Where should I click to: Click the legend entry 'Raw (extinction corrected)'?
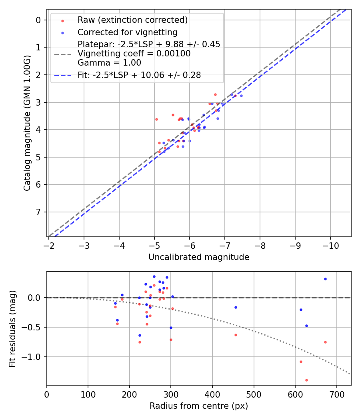tap(132, 20)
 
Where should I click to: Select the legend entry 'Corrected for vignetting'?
tap(127, 32)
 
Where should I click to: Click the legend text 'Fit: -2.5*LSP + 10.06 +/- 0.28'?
tap(139, 75)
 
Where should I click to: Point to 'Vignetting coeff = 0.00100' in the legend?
tap(134, 54)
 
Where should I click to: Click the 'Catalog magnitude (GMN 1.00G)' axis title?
tap(27, 123)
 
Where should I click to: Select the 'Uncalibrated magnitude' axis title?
tap(199, 257)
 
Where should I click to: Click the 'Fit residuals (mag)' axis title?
tap(12, 328)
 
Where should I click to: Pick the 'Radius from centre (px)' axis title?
tap(199, 406)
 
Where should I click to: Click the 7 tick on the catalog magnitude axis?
tap(39, 212)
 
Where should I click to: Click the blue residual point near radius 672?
tap(325, 279)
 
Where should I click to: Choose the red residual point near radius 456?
tap(236, 335)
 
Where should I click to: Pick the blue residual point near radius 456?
tap(236, 307)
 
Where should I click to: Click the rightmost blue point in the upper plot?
tap(241, 96)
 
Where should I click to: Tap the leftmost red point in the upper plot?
tap(156, 119)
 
